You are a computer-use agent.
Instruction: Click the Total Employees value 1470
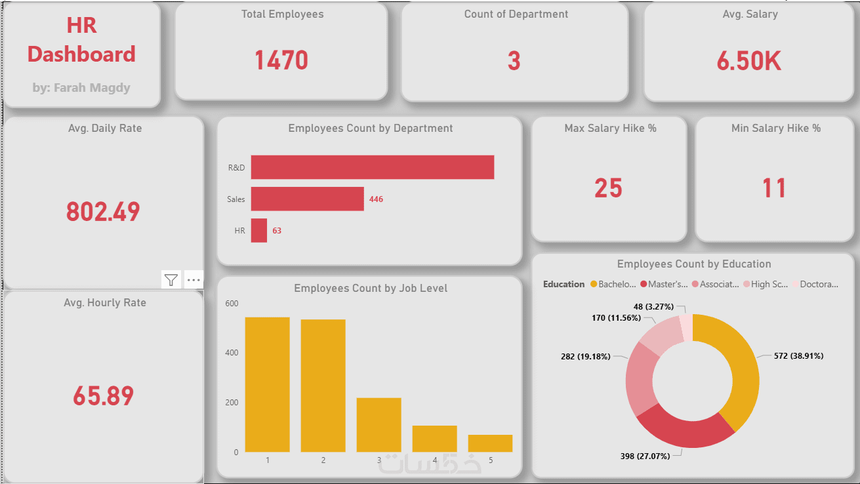(281, 60)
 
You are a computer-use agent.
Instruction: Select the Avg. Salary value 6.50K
(748, 61)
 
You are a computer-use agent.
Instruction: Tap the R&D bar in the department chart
(372, 167)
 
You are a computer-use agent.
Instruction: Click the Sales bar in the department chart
(307, 199)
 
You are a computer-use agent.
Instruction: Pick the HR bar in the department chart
(259, 231)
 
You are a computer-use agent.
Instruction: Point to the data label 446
(376, 199)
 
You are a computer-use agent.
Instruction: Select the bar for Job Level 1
(267, 384)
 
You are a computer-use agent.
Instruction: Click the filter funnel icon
(171, 280)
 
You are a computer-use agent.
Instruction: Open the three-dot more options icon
(194, 280)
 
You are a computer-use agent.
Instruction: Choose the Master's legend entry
(664, 285)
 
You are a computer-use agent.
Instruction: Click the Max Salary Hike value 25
(608, 188)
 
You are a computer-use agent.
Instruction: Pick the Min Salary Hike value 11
(774, 188)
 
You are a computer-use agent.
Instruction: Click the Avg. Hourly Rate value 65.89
(104, 395)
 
